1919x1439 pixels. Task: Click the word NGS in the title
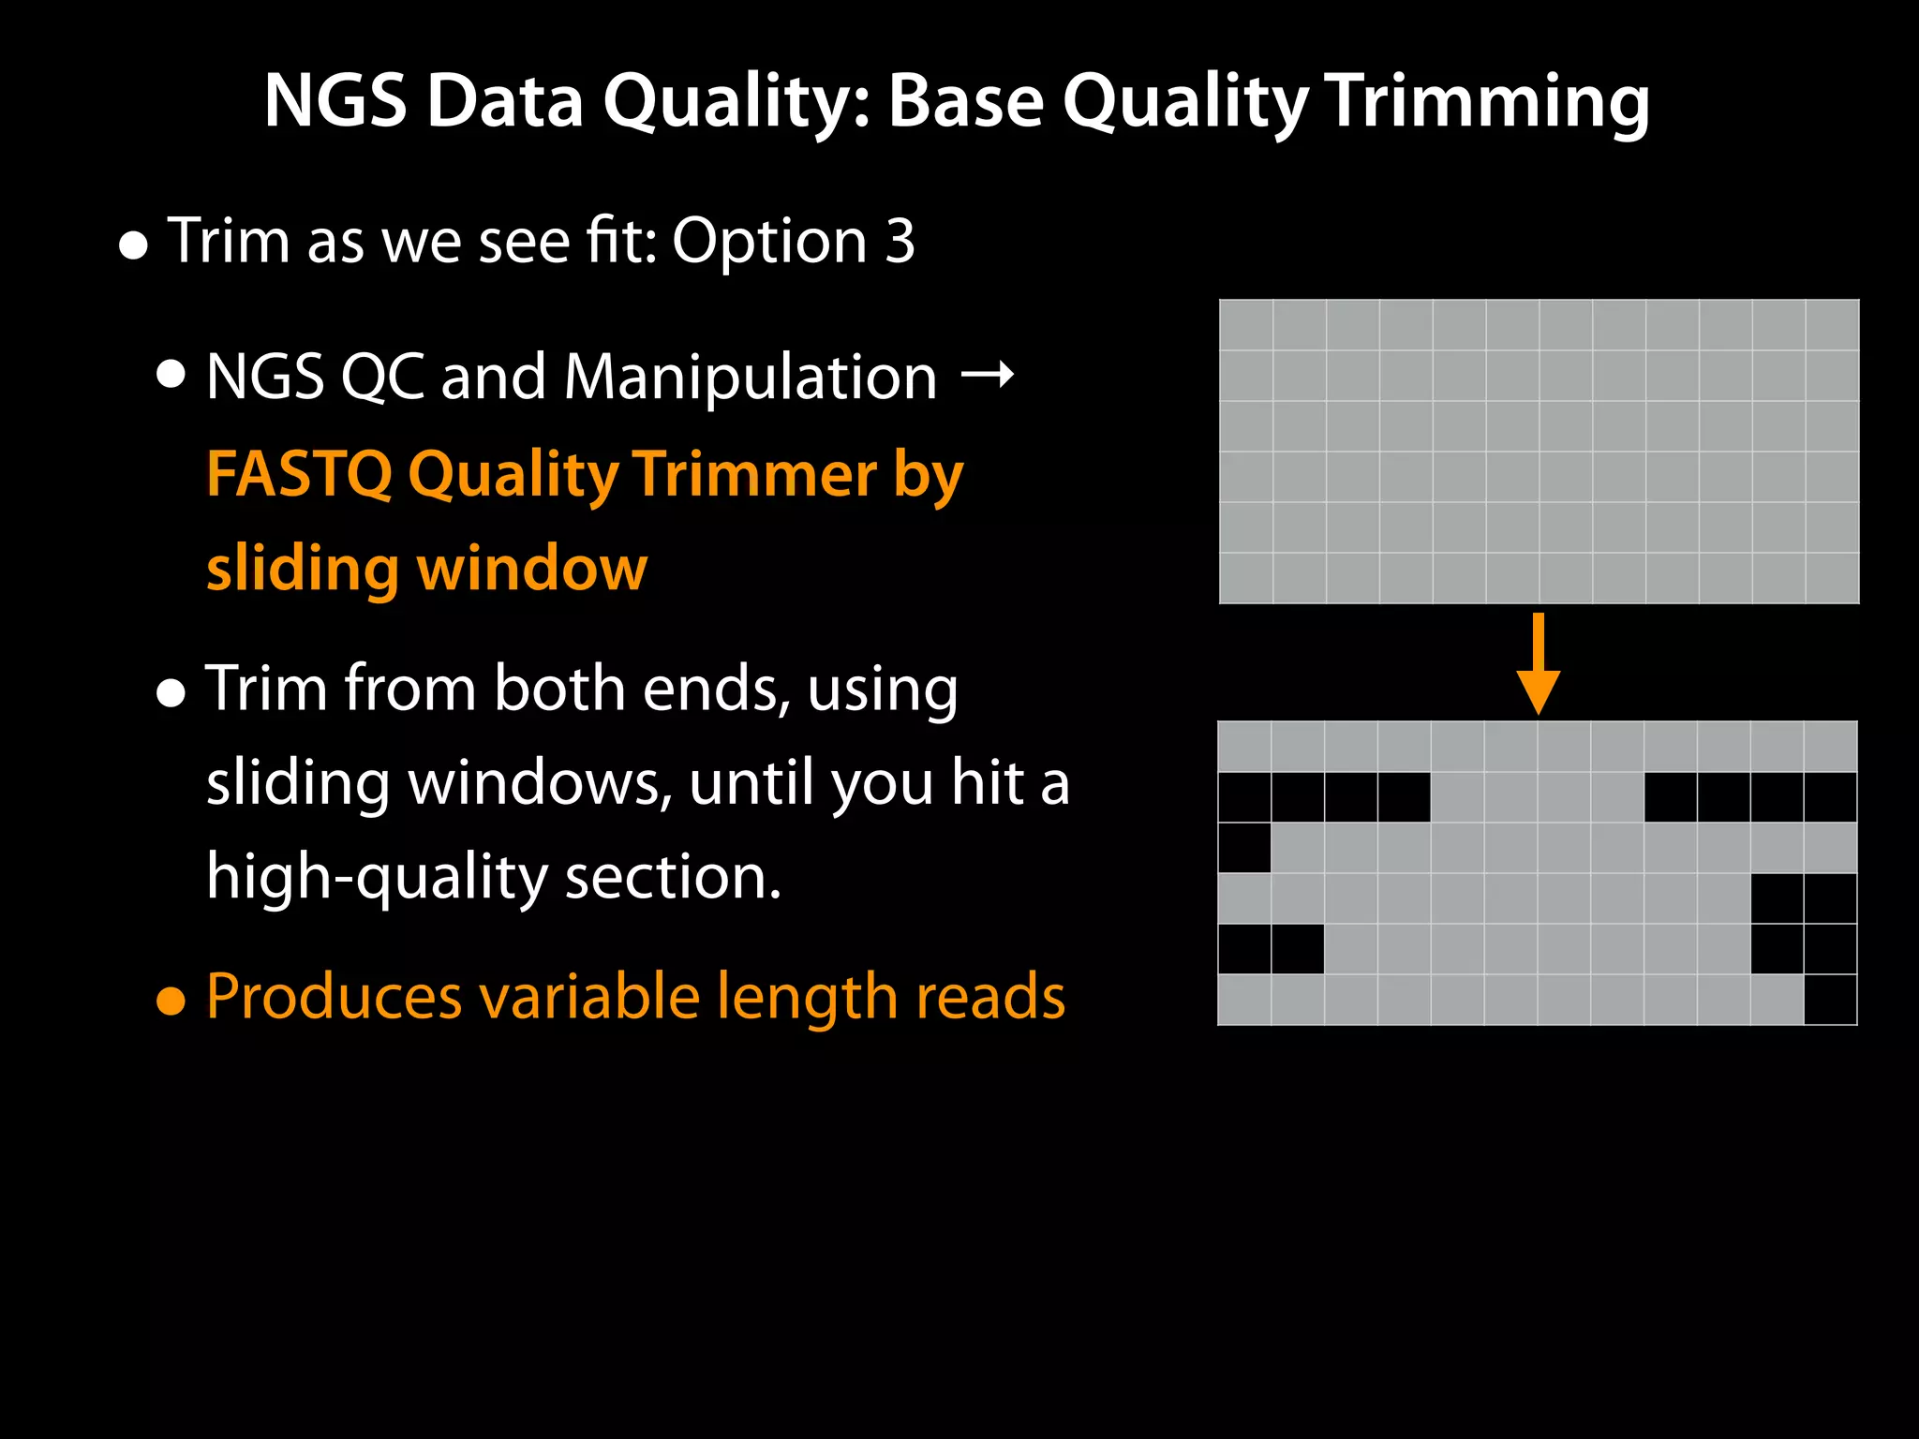click(335, 100)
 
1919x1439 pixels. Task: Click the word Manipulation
click(750, 378)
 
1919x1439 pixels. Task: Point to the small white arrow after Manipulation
click(988, 375)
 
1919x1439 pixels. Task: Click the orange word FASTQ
click(298, 473)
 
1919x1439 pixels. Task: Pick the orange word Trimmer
click(755, 473)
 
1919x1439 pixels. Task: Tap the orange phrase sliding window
click(426, 569)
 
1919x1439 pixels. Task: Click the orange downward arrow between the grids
click(1538, 664)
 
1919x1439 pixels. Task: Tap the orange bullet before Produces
click(171, 1001)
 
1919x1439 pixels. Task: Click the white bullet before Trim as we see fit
click(134, 246)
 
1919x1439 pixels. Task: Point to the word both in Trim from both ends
click(558, 689)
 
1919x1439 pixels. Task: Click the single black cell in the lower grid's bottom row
click(1830, 1000)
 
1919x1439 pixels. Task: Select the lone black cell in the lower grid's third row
click(1244, 848)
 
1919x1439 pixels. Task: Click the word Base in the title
click(965, 100)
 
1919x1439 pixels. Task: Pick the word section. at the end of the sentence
click(672, 878)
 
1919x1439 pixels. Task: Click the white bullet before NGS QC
click(171, 376)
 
